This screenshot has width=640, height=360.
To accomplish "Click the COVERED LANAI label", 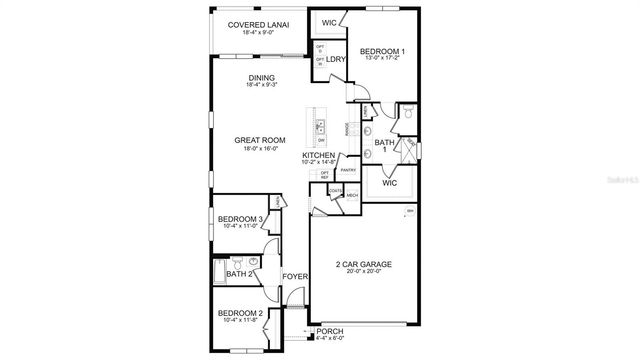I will [252, 24].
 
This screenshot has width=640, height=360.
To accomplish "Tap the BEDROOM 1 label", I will [382, 51].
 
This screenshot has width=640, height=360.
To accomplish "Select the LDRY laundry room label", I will [335, 59].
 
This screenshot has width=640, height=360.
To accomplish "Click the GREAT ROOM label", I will [260, 140].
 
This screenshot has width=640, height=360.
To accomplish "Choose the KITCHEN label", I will [319, 156].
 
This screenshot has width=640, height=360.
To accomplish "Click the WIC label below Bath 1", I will [390, 183].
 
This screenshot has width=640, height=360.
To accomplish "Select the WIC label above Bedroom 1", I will [328, 22].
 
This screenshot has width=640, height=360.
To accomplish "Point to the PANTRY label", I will [348, 170].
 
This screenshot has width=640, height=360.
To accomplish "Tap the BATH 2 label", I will [238, 274].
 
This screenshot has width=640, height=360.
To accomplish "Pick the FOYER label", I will [294, 275].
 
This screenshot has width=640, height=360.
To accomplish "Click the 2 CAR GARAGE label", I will [363, 265].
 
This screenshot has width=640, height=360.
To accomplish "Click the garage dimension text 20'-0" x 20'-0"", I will [363, 273].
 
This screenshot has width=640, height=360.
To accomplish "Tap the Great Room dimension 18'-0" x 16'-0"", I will [260, 149].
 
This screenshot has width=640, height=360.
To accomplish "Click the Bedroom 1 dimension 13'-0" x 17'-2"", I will [382, 59].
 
